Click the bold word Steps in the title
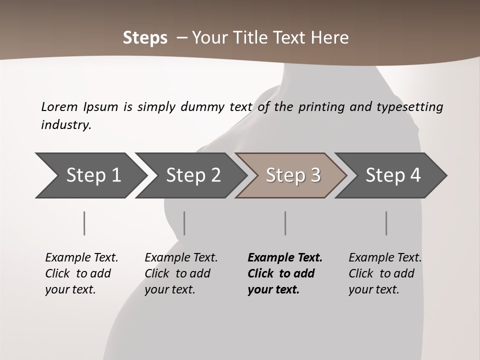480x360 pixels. click(x=145, y=38)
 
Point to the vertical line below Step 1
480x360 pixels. click(x=84, y=223)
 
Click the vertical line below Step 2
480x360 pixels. click(x=184, y=223)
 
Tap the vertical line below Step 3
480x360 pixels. click(x=285, y=223)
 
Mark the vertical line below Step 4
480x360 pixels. click(x=386, y=223)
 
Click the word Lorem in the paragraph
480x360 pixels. click(x=59, y=107)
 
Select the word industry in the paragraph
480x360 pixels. click(x=66, y=125)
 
